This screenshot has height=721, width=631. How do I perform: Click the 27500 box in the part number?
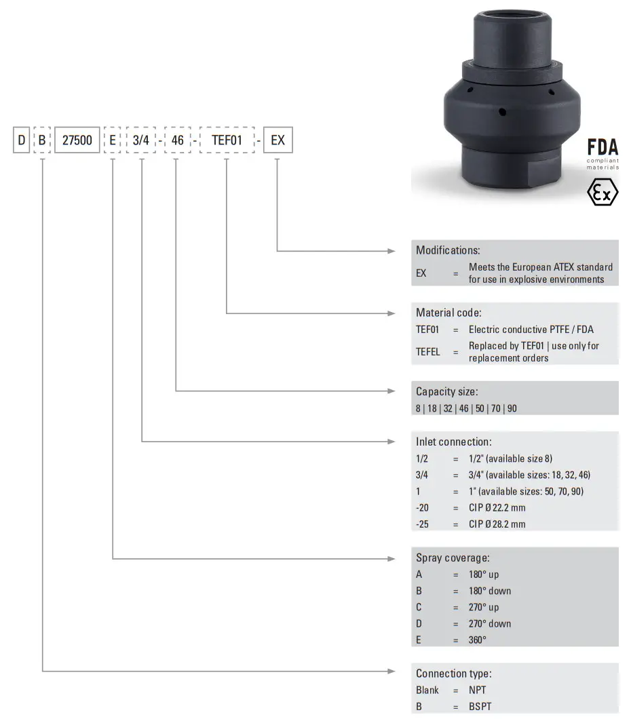77,141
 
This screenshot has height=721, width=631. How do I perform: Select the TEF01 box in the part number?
226,141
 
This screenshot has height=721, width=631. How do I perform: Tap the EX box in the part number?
278,141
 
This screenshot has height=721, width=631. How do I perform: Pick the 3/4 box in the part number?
142,141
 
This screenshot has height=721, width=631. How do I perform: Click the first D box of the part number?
22,141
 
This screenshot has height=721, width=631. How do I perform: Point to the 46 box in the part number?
176,141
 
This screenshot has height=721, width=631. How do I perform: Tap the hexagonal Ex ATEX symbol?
603,193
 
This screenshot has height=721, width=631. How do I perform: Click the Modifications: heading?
448,250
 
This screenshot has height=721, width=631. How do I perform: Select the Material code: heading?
448,313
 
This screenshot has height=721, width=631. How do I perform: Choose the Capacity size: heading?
446,391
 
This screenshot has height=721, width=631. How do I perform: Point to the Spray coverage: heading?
453,558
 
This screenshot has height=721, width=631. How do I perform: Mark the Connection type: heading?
454,674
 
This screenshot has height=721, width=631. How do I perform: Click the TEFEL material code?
428,351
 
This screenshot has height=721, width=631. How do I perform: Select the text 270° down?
490,623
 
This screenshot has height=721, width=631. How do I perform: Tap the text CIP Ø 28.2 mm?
497,524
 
